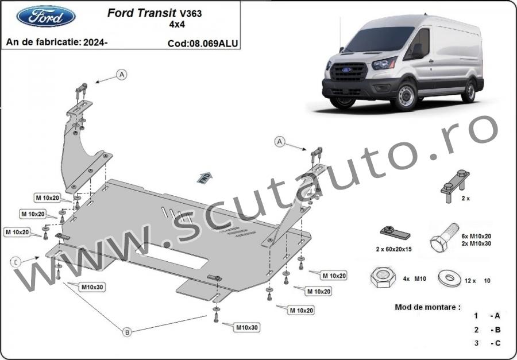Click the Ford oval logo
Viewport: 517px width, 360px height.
[x=46, y=16]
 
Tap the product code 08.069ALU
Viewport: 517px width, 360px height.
[x=213, y=44]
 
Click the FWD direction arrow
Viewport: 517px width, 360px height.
[x=205, y=177]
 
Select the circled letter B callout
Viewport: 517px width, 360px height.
[x=128, y=332]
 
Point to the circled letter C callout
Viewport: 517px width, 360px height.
[x=16, y=262]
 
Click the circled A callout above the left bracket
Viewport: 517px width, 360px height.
[x=122, y=75]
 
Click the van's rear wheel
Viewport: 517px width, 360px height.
[x=469, y=91]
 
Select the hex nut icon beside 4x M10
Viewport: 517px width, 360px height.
[x=383, y=277]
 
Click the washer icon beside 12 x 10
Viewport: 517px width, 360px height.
[x=449, y=278]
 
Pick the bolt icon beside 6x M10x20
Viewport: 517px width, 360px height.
[x=444, y=237]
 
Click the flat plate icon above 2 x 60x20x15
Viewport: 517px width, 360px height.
[x=395, y=233]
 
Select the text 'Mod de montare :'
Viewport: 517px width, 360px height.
[x=427, y=307]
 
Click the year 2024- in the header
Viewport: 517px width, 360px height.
[x=95, y=42]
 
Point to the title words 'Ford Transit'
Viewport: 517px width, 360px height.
[x=142, y=13]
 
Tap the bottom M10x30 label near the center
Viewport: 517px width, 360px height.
[x=246, y=328]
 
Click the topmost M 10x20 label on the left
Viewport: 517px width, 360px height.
[x=48, y=198]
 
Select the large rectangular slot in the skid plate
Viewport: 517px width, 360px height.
[x=171, y=256]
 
